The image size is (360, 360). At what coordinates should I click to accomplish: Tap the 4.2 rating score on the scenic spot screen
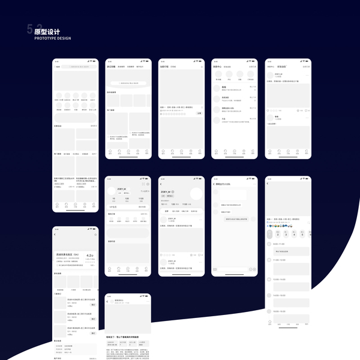point(90,256)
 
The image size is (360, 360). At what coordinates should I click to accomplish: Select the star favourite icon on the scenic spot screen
point(95,235)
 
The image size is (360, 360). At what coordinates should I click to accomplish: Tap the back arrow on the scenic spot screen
point(55,235)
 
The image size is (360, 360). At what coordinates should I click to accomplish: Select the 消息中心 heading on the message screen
point(218,67)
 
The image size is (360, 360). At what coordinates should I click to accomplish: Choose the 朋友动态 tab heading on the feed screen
point(283,67)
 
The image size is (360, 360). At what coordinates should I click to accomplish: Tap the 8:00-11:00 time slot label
point(279,244)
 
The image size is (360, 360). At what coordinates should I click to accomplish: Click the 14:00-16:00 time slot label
point(280,280)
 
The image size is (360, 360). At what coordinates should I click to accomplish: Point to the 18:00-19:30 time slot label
point(280,311)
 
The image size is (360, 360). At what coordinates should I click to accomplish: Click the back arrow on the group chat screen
point(214,184)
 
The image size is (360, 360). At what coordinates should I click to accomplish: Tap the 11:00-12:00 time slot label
point(280,260)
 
